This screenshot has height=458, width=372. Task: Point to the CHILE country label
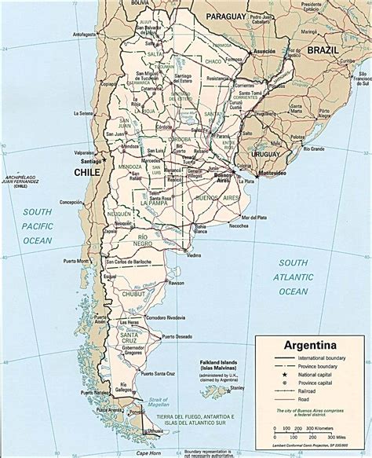click(88, 171)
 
